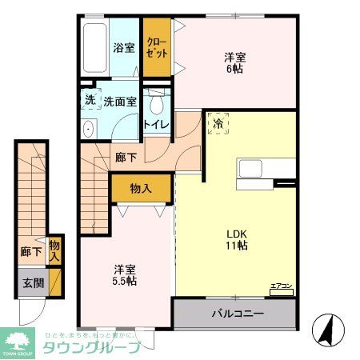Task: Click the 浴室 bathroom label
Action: click(x=123, y=47)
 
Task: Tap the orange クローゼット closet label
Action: click(x=157, y=48)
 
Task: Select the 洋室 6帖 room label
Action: click(x=234, y=63)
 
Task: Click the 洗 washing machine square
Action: click(x=90, y=101)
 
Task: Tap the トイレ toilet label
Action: click(x=155, y=124)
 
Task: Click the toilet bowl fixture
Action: click(x=157, y=104)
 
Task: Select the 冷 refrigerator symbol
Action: click(x=218, y=123)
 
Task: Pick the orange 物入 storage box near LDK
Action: click(x=141, y=188)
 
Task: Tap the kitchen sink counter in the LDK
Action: click(x=256, y=170)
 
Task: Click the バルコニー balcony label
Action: click(x=238, y=313)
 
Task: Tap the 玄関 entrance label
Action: click(x=32, y=282)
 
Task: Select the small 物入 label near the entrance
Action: click(x=54, y=251)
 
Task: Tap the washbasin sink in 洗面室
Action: click(x=89, y=129)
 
